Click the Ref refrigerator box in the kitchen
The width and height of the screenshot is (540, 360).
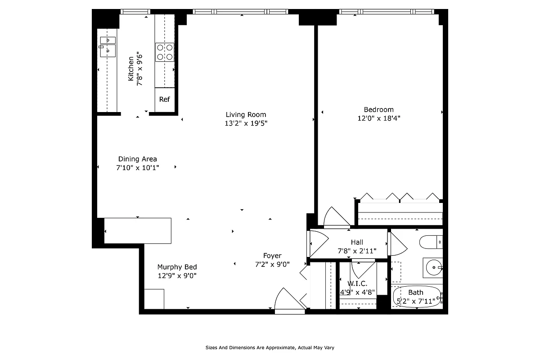tap(164, 99)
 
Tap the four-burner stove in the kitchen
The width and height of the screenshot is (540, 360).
tap(165, 52)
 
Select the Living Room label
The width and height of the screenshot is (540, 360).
tap(246, 114)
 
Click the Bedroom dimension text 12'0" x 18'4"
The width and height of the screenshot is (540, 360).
tap(378, 118)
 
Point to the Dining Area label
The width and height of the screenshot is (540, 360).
tap(137, 159)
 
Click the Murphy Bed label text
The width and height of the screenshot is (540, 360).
tap(177, 267)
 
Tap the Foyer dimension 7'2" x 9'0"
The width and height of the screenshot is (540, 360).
tap(272, 264)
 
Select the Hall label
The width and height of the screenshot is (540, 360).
tap(357, 242)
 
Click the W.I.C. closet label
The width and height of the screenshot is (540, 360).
tap(357, 283)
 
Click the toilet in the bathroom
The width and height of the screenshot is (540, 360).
tap(431, 243)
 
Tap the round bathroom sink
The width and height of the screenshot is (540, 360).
tap(434, 267)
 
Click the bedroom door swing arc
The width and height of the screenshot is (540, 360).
tap(335, 217)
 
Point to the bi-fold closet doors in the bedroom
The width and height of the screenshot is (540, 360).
tap(400, 196)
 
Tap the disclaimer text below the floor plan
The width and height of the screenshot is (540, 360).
tap(270, 347)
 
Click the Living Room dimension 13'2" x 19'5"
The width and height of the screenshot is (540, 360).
tap(246, 123)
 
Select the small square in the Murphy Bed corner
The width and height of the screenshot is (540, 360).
tap(154, 299)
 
